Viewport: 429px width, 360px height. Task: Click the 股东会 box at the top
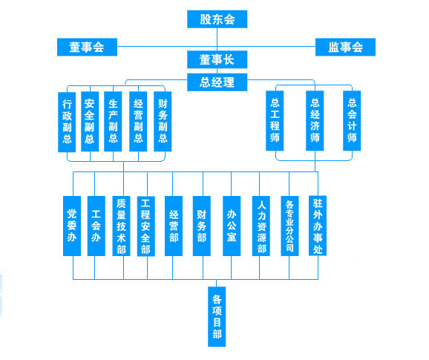click(217, 19)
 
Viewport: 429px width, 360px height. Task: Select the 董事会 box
click(87, 47)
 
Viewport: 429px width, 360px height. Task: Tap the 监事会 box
click(345, 47)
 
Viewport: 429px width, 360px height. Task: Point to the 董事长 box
click(217, 59)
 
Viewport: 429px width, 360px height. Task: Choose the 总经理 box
click(217, 82)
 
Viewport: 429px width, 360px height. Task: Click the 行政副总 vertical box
click(67, 122)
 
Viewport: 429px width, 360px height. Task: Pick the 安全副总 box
click(90, 122)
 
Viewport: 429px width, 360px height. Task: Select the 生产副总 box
click(113, 122)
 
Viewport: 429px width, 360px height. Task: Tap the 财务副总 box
click(163, 122)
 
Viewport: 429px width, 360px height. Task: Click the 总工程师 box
click(275, 121)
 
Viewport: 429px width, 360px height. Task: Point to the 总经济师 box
click(315, 121)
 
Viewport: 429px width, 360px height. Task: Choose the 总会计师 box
click(352, 121)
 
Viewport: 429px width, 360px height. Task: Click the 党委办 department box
click(72, 226)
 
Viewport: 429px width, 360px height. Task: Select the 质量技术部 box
click(121, 226)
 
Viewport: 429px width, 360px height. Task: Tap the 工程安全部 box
click(145, 226)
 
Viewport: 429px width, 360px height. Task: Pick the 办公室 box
click(232, 226)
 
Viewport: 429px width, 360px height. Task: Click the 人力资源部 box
click(261, 226)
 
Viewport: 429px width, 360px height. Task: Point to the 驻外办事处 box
click(318, 226)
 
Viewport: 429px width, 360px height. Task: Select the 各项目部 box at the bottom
click(217, 317)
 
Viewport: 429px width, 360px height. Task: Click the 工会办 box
click(96, 226)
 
